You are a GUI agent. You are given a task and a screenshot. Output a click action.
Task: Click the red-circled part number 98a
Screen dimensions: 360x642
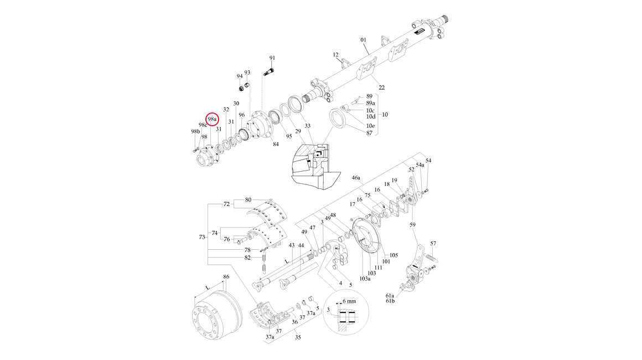pos(212,119)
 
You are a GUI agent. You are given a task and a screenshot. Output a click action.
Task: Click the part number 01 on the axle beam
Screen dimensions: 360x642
pos(364,40)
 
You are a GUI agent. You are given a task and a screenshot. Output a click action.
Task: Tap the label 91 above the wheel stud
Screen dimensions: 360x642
pos(272,58)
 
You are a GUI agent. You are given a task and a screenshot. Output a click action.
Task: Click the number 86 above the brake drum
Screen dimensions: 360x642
pos(226,276)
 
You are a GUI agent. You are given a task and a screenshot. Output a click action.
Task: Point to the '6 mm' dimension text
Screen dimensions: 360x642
pos(350,301)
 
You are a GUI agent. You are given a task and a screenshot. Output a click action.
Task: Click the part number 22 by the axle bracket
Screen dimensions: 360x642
pos(381,88)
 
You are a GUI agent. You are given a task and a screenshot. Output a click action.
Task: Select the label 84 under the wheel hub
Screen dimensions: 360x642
pos(276,145)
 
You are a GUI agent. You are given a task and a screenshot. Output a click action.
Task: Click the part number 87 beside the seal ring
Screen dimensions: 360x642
pos(369,133)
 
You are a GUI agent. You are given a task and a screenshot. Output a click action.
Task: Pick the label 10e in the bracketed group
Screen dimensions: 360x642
pos(370,126)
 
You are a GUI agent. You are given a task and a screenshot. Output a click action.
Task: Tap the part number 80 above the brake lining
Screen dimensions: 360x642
pos(248,199)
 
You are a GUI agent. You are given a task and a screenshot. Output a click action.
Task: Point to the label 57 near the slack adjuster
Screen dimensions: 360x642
pos(433,243)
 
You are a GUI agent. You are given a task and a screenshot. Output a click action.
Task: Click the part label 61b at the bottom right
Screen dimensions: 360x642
pos(391,301)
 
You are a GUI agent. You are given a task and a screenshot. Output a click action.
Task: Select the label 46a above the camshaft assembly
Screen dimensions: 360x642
pos(356,178)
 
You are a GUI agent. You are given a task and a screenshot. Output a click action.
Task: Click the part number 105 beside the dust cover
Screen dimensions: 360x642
pos(394,255)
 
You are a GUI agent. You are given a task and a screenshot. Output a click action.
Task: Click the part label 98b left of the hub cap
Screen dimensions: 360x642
pos(195,131)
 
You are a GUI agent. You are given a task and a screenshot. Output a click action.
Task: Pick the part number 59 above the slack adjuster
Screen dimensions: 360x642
pos(412,225)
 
